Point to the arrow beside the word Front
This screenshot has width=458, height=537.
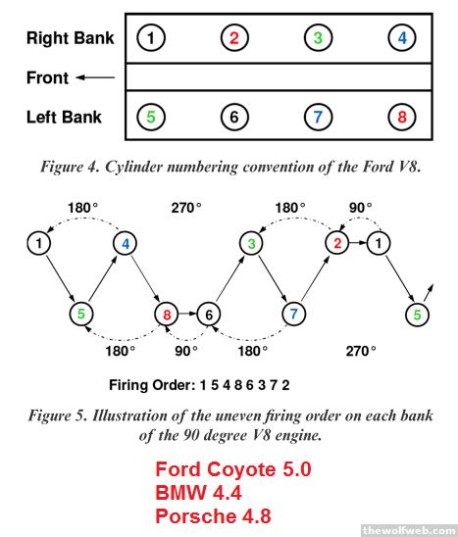coord(95,77)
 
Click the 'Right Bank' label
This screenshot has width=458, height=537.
coord(71,37)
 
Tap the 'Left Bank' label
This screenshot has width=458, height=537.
coord(64,118)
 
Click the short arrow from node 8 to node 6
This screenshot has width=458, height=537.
coord(187,314)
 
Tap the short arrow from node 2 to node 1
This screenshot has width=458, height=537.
coord(358,243)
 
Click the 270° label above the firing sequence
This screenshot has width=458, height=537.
coord(186,208)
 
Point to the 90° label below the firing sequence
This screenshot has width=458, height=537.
coord(186,351)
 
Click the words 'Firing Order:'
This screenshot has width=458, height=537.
coord(152,385)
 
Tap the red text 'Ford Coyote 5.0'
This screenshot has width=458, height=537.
coord(233,469)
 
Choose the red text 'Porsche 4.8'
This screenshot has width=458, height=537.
coord(213,515)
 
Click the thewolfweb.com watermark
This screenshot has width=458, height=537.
coord(410,531)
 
